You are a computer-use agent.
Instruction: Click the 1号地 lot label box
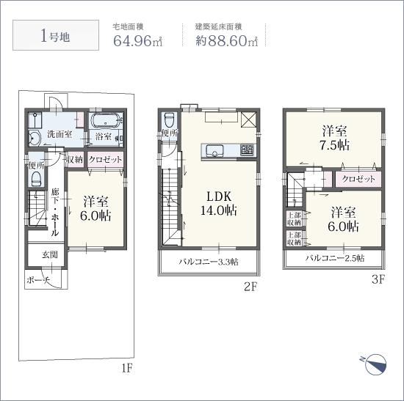click(x=56, y=35)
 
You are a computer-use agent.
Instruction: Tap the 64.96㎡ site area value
click(x=138, y=40)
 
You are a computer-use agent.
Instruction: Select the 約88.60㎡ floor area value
click(x=226, y=40)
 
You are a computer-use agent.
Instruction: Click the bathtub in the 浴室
click(x=106, y=121)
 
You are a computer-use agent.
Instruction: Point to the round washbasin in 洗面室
click(x=34, y=139)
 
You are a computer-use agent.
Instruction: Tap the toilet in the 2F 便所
click(x=169, y=121)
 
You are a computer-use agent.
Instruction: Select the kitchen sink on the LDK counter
click(x=214, y=150)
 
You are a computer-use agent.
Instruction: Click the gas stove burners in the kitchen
click(x=247, y=150)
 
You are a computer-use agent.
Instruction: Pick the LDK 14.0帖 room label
click(x=219, y=204)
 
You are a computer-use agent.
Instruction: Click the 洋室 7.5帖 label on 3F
click(x=336, y=138)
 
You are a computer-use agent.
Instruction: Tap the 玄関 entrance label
click(x=50, y=254)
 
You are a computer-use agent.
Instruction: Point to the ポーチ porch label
click(x=38, y=280)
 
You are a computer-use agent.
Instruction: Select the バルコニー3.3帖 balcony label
click(x=209, y=262)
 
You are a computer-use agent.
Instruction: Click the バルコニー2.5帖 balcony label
click(x=335, y=258)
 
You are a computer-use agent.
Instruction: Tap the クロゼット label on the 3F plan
click(x=358, y=179)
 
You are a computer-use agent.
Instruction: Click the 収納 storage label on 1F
click(x=75, y=160)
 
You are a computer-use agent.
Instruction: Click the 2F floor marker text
click(x=250, y=287)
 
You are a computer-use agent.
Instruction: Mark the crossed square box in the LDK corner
click(x=248, y=119)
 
